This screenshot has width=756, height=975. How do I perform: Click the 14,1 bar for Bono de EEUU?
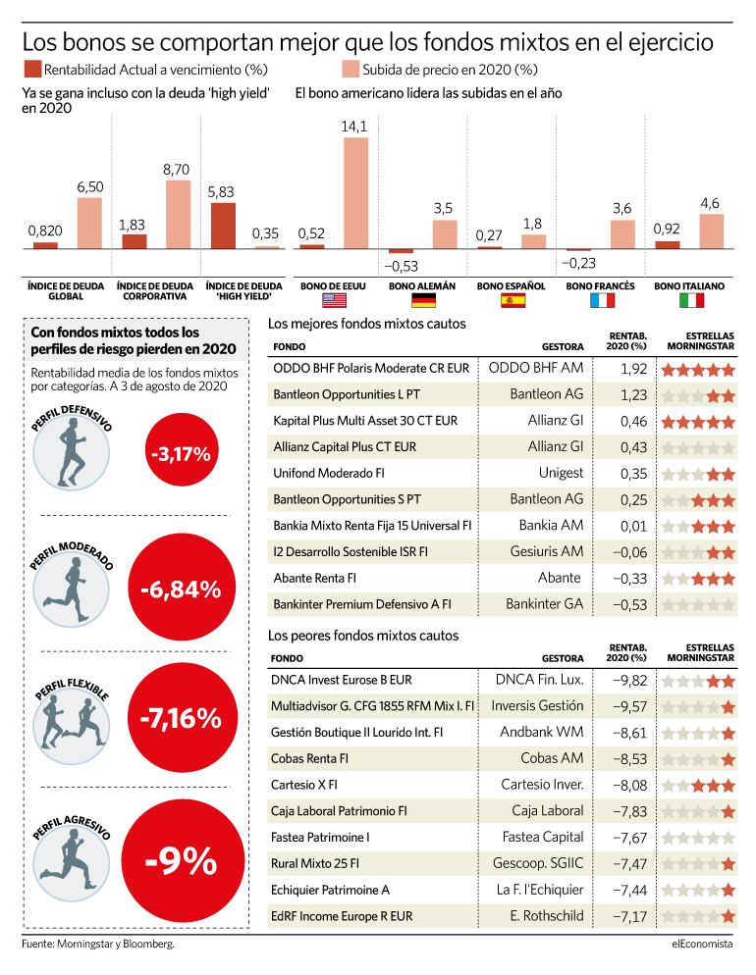[356, 193]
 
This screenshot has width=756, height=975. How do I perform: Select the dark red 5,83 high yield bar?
[224, 226]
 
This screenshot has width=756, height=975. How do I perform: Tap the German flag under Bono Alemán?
[424, 301]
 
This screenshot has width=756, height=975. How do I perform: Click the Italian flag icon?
[691, 301]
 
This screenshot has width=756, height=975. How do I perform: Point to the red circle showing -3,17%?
[181, 453]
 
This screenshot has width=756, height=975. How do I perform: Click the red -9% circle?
[183, 861]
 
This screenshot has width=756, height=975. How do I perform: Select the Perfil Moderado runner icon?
[71, 590]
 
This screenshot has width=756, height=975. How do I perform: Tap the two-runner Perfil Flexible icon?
[71, 726]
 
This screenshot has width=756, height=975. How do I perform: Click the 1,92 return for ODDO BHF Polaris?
[634, 369]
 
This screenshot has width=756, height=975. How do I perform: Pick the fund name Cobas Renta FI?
[309, 758]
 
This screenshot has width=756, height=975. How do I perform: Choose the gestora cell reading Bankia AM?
[551, 526]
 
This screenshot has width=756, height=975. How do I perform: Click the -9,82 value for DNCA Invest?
[629, 681]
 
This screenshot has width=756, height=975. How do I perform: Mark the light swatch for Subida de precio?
[351, 69]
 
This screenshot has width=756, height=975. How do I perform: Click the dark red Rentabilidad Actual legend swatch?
[32, 69]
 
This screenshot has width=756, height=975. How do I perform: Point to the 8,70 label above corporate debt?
[176, 170]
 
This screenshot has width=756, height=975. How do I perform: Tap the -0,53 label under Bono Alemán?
[402, 266]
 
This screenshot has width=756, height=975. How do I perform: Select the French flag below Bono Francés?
[602, 301]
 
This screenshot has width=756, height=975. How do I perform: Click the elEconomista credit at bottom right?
[702, 944]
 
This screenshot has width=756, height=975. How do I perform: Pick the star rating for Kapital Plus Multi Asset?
[698, 422]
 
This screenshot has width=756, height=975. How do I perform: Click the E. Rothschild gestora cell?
[547, 916]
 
